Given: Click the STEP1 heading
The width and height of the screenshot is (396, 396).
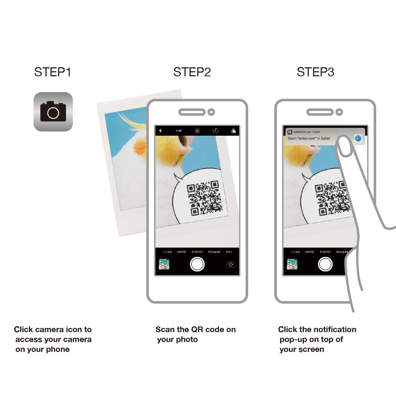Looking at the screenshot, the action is pos(53,72).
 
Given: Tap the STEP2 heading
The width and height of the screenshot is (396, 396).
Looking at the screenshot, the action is pos(192,72).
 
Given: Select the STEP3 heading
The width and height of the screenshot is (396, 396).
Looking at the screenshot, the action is pos(315,72).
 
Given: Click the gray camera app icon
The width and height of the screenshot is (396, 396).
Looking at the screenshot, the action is pos(53,112).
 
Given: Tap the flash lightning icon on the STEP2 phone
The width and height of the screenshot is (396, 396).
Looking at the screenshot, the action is pos(160,131).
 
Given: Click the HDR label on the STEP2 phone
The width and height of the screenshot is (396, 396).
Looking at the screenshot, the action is pos(179,131).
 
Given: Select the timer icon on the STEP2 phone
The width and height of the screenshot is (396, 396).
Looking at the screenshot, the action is pos(215,131).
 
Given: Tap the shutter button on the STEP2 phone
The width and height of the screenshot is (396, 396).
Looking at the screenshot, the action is pos(197,264).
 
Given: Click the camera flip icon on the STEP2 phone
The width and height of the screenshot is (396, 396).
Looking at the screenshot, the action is pos(231,264).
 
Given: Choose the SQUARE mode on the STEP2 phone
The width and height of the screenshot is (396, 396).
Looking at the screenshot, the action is pos(214,252).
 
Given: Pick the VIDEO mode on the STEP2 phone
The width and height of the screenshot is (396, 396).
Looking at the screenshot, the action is pos(181,252).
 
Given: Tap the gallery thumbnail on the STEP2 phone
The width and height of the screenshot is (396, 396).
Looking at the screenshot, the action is pos(164,264).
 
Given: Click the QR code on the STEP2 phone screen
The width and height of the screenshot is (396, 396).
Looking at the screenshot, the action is pos(204,198).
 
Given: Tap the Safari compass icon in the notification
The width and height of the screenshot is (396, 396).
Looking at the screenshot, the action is pos(358,138).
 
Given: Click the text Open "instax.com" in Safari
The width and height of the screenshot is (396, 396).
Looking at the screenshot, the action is pos(309,138).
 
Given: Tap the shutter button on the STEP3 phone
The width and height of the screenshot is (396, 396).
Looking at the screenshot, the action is pos(325,264).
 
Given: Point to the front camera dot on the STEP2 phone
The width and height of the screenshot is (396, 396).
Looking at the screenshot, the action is pos(211,112).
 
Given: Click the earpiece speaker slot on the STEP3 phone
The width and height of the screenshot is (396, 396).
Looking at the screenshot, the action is pos(320,112).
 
